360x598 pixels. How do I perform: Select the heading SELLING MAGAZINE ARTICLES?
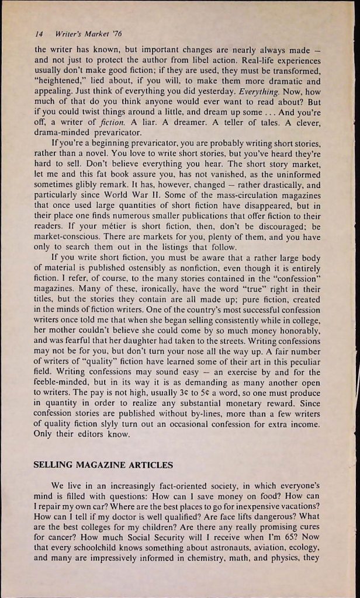point(103,465)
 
